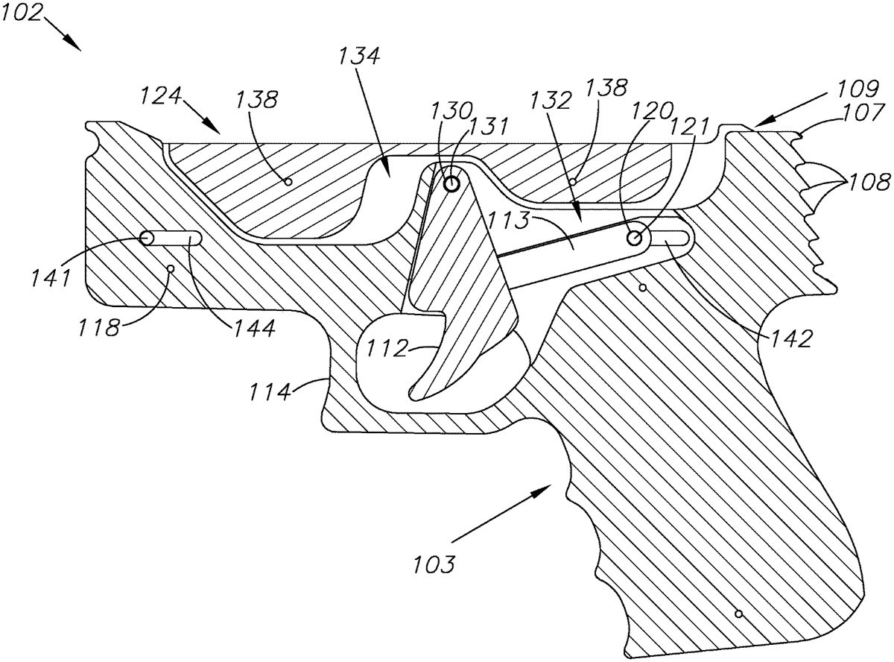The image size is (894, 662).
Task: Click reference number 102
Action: [x=22, y=12]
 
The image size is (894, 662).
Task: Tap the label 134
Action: [x=359, y=56]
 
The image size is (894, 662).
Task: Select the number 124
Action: [x=161, y=96]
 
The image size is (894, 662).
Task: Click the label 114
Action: [x=270, y=391]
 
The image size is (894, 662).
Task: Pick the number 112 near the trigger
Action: [x=387, y=348]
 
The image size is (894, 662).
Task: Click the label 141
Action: [x=51, y=277]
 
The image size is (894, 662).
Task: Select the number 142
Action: [x=790, y=338]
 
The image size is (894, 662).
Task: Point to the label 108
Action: [x=869, y=182]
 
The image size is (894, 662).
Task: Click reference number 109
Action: [x=858, y=89]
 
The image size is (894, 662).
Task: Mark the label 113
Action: [x=508, y=220]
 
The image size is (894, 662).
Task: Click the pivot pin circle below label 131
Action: [x=451, y=185]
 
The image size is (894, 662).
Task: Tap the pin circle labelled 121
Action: [x=634, y=238]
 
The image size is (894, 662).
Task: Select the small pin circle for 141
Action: [x=146, y=238]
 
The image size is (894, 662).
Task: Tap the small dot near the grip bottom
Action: [x=738, y=614]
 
